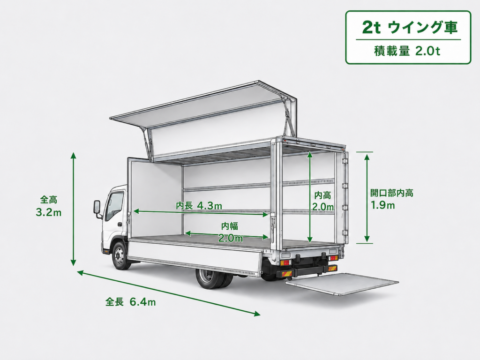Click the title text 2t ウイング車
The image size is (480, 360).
point(410,28)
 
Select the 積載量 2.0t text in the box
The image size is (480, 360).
point(407,51)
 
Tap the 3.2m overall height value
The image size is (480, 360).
point(48,212)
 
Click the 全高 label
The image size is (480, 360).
point(49,200)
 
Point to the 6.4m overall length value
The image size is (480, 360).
point(142,302)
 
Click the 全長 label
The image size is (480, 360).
point(114,302)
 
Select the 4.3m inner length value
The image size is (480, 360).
point(210,205)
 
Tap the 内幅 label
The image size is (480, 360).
point(230,226)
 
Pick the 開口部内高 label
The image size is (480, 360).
point(392,193)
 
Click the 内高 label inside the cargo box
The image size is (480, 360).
point(322,195)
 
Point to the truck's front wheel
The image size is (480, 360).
point(120,256)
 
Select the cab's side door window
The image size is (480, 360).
point(114,205)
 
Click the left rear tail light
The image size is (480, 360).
point(285,262)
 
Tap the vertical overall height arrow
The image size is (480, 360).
point(73,209)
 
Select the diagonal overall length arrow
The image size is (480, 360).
point(169,292)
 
